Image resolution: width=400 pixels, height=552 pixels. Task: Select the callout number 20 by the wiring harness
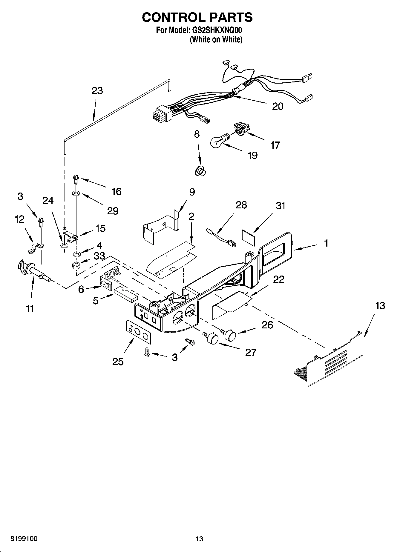pos(278,106)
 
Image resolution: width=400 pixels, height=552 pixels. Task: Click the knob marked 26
pos(230,335)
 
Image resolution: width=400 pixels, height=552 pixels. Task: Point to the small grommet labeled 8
pos(200,172)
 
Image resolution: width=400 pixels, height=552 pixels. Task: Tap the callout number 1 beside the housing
pos(326,243)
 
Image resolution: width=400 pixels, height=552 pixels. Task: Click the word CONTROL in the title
pos(171,17)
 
